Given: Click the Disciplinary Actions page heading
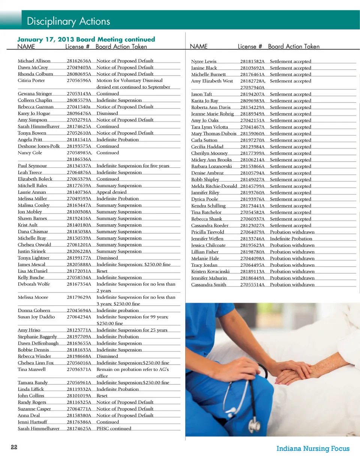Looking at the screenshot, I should pos(68,21).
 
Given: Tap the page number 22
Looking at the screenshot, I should pos(14,448).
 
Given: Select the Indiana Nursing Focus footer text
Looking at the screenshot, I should pos(313,448).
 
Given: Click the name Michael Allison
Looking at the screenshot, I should pos(34,61).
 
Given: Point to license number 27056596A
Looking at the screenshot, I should pos(79,81).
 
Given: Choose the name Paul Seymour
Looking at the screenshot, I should pos(33,166).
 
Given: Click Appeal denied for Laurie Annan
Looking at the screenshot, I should pos(111,192).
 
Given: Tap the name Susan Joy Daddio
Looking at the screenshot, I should pos(36,317).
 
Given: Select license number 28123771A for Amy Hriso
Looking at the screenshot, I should pos(79,330).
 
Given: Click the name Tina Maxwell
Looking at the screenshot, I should pos(32,369).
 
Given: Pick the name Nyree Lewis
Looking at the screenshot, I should pos(204,61).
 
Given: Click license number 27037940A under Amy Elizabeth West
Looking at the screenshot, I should pos(252,87).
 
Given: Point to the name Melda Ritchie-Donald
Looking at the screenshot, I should pos(214,186).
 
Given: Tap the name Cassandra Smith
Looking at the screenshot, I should pos(208,285).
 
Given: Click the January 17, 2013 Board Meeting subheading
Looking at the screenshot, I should pos(86,39).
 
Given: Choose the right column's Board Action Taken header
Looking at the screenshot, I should pos(294,46).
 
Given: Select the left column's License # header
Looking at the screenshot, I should pos(77,46).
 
